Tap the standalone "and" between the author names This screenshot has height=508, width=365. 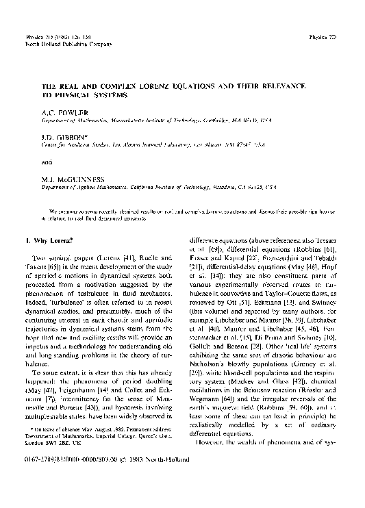coord(46,163)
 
